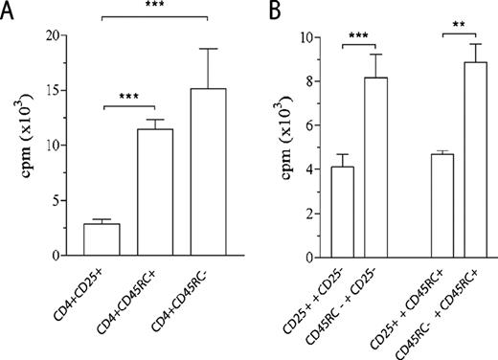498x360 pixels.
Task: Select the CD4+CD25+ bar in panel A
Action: point(102,239)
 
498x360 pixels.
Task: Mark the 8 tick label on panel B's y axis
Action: point(306,82)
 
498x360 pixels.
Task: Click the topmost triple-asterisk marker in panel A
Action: point(154,8)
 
